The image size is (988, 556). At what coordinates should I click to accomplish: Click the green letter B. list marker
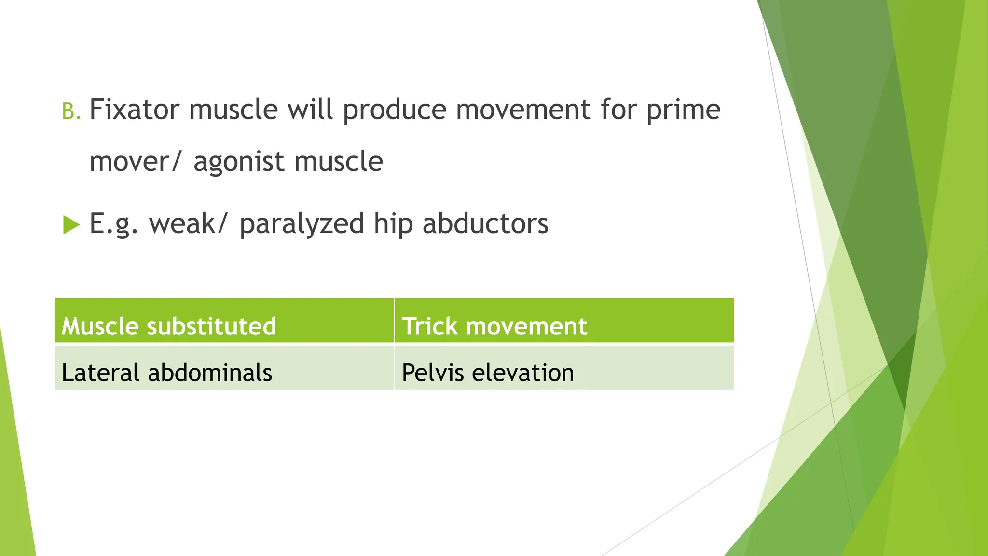71,111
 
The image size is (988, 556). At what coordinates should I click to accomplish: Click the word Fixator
134,110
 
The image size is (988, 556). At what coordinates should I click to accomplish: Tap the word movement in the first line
522,110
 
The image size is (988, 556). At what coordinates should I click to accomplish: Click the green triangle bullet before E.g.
70,225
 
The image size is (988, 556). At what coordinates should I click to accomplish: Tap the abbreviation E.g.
114,224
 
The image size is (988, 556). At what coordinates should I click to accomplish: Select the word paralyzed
302,224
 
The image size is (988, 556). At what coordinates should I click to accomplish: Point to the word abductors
485,224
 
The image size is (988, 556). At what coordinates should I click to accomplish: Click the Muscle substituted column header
169,326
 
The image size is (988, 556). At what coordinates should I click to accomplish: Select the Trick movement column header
494,326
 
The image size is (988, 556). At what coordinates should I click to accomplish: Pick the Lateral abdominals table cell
167,373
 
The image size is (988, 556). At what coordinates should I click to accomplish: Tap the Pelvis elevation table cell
488,373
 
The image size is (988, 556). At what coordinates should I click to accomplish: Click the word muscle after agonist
338,162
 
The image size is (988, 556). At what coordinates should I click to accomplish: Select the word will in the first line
310,110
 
